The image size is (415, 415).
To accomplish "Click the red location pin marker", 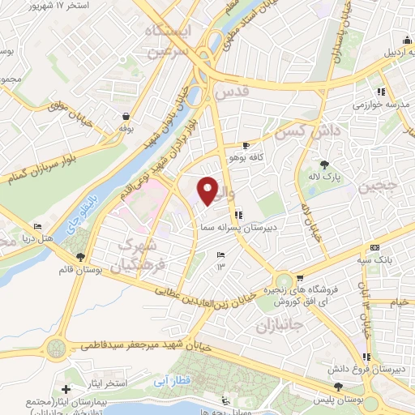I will [208, 190].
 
